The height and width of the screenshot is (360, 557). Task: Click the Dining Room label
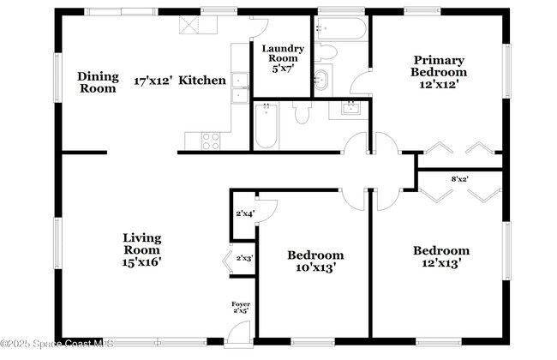coord(98,81)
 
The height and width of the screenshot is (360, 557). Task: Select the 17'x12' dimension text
coord(153,81)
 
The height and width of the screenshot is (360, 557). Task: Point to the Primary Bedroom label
coord(439,72)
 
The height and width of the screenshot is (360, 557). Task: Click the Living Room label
coord(141,250)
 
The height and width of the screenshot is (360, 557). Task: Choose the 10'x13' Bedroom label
coord(315,261)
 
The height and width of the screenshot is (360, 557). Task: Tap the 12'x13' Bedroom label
coord(441,257)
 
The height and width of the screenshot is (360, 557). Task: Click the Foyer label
coord(241,308)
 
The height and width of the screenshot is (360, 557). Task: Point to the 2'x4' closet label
coord(244,213)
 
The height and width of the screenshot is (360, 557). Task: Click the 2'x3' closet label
coord(244,257)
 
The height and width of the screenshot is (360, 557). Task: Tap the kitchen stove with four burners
coord(210,141)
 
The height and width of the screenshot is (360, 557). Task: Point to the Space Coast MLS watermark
coord(57,345)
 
